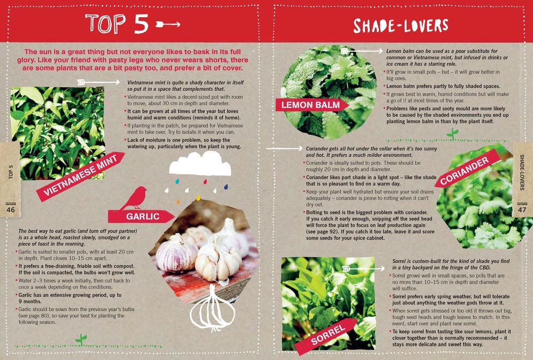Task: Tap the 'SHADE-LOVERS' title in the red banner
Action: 400,25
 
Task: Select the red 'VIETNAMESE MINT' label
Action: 80,176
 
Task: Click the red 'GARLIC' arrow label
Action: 141,216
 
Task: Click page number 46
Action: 11,210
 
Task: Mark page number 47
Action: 522,210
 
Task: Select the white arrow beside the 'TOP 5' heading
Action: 167,24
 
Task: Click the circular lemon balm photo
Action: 328,88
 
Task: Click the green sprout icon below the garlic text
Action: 81,339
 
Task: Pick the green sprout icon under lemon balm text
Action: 453,133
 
